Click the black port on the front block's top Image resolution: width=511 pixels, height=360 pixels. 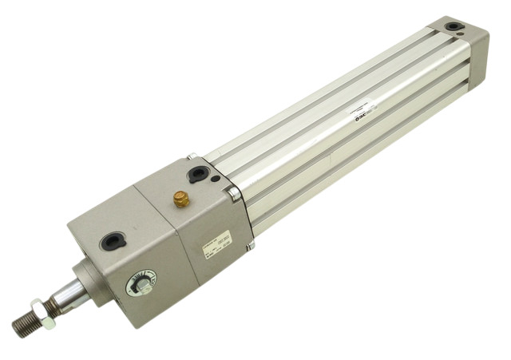tap(113, 239)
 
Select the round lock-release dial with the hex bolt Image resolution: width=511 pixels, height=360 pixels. tap(141, 283)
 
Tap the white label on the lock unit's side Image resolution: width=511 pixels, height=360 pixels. tap(217, 240)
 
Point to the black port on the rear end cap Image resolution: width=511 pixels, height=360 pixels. tap(453, 26)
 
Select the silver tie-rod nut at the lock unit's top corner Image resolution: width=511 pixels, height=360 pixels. tap(192, 157)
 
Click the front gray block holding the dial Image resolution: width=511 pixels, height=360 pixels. tap(128, 255)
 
